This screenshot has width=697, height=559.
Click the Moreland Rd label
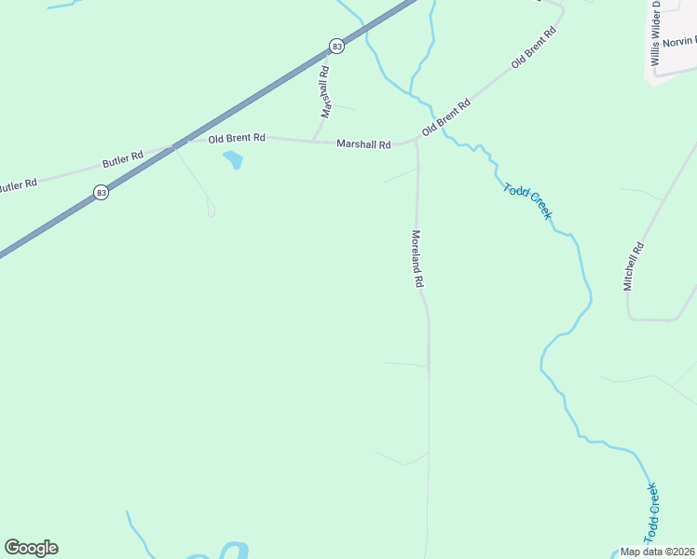(418, 258)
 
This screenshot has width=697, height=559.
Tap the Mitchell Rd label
(634, 266)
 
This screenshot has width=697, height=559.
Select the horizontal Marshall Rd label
(363, 143)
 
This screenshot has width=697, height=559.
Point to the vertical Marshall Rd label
(325, 91)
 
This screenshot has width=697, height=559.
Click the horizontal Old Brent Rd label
(237, 138)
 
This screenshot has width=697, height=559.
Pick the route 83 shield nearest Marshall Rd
(336, 46)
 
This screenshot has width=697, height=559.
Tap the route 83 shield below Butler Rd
(101, 192)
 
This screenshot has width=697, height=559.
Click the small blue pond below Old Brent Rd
(233, 160)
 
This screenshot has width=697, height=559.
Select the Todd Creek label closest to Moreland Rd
(527, 201)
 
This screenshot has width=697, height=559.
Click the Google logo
(31, 548)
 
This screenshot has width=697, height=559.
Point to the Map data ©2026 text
(656, 552)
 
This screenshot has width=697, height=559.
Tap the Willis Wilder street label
(656, 33)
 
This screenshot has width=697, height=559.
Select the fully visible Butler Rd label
(123, 159)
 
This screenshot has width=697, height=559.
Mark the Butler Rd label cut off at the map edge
(17, 185)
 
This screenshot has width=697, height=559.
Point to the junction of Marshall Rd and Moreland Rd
(416, 143)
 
